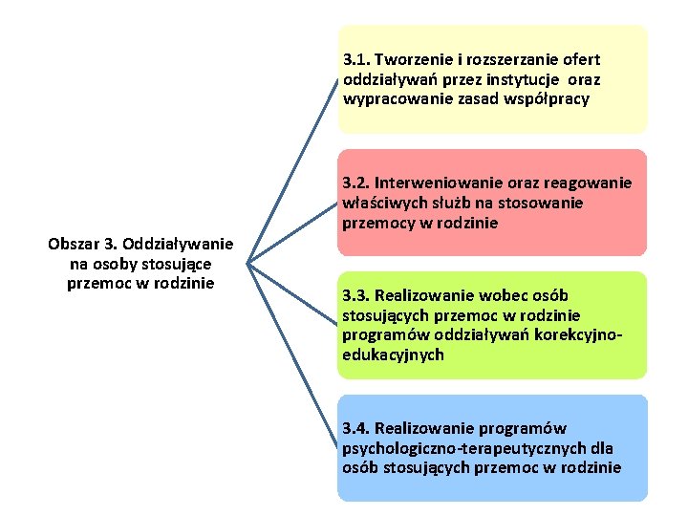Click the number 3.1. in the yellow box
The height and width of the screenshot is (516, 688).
pyautogui.click(x=357, y=59)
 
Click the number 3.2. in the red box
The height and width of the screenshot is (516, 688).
pyautogui.click(x=355, y=183)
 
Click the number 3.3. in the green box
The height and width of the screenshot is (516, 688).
pyautogui.click(x=355, y=296)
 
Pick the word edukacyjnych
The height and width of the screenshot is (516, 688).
pyautogui.click(x=393, y=355)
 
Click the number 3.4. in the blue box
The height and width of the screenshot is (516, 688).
pyautogui.click(x=356, y=428)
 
